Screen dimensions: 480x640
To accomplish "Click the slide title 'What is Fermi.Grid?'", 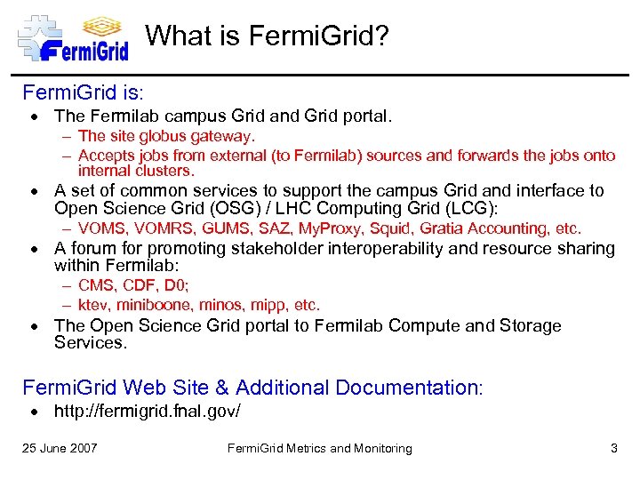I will [268, 36].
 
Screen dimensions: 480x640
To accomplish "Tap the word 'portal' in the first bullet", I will [363, 116].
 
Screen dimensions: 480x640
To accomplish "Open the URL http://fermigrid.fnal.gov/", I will [147, 412].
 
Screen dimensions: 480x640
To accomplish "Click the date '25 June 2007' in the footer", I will [60, 448].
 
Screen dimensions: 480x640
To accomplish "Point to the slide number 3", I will [613, 448].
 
